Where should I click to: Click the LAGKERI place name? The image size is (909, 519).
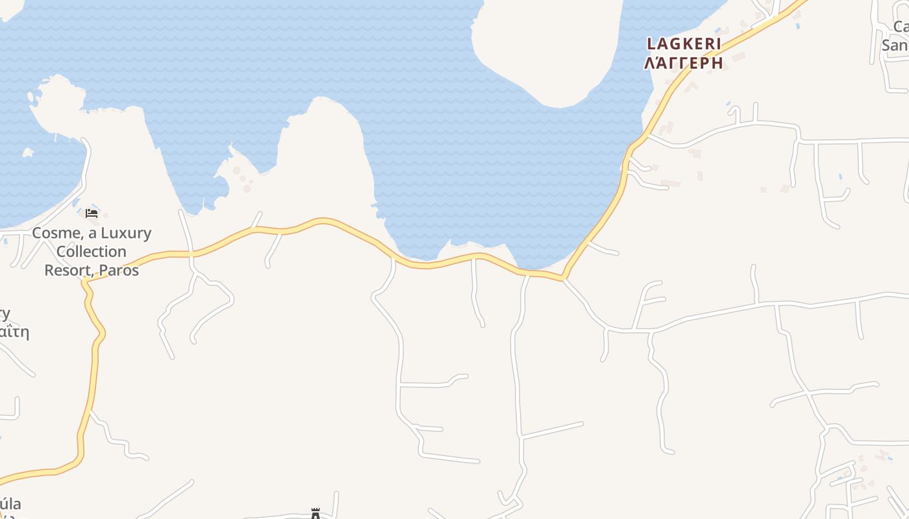[x=684, y=44]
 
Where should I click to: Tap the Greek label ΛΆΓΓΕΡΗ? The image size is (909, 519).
[x=684, y=63]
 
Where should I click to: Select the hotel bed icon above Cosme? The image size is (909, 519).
[x=92, y=213]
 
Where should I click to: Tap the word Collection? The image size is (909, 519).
[x=91, y=251]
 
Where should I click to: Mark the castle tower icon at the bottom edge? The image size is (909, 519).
[x=316, y=514]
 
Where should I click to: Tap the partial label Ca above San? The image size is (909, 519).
[x=901, y=27]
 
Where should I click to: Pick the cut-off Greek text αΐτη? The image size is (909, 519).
[x=14, y=333]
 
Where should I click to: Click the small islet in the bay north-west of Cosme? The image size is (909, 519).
[x=28, y=152]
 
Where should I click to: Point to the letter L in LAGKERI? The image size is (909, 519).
[x=651, y=44]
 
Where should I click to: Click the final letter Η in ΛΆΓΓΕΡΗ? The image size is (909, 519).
[x=717, y=63]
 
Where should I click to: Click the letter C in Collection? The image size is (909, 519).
[x=62, y=251]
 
